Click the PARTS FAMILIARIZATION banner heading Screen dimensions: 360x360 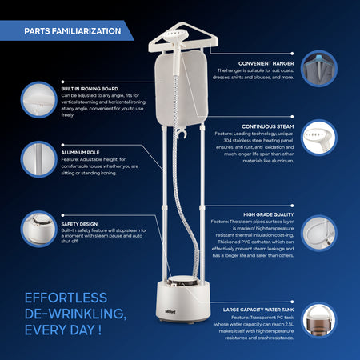[x=73, y=31]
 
